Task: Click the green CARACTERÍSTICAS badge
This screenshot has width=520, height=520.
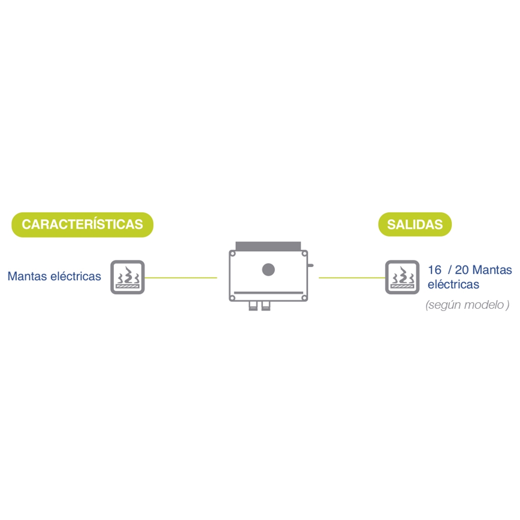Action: pos(82,224)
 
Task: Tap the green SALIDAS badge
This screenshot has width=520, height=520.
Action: pos(415,224)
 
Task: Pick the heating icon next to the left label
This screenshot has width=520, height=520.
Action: pos(127,277)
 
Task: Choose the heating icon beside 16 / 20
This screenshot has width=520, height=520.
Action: pos(402,277)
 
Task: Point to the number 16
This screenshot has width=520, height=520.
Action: pos(435,270)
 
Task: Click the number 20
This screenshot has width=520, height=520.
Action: pos(462,270)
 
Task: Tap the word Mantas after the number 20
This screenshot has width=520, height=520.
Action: pos(492,270)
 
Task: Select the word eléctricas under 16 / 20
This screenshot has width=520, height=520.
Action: pos(453,284)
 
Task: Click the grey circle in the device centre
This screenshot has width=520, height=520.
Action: pos(268,270)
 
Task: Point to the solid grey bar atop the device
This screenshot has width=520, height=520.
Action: pos(268,246)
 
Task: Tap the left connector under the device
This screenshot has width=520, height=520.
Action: pos(253,306)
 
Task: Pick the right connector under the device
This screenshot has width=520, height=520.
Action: pos(266,306)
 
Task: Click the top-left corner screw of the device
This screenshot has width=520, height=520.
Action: pos(233,254)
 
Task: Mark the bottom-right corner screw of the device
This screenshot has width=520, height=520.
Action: pos(304,298)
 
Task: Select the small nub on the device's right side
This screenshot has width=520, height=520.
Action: pos(311,265)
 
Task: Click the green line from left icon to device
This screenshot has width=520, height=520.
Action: pos(181,278)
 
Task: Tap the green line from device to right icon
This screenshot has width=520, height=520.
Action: pos(352,278)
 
